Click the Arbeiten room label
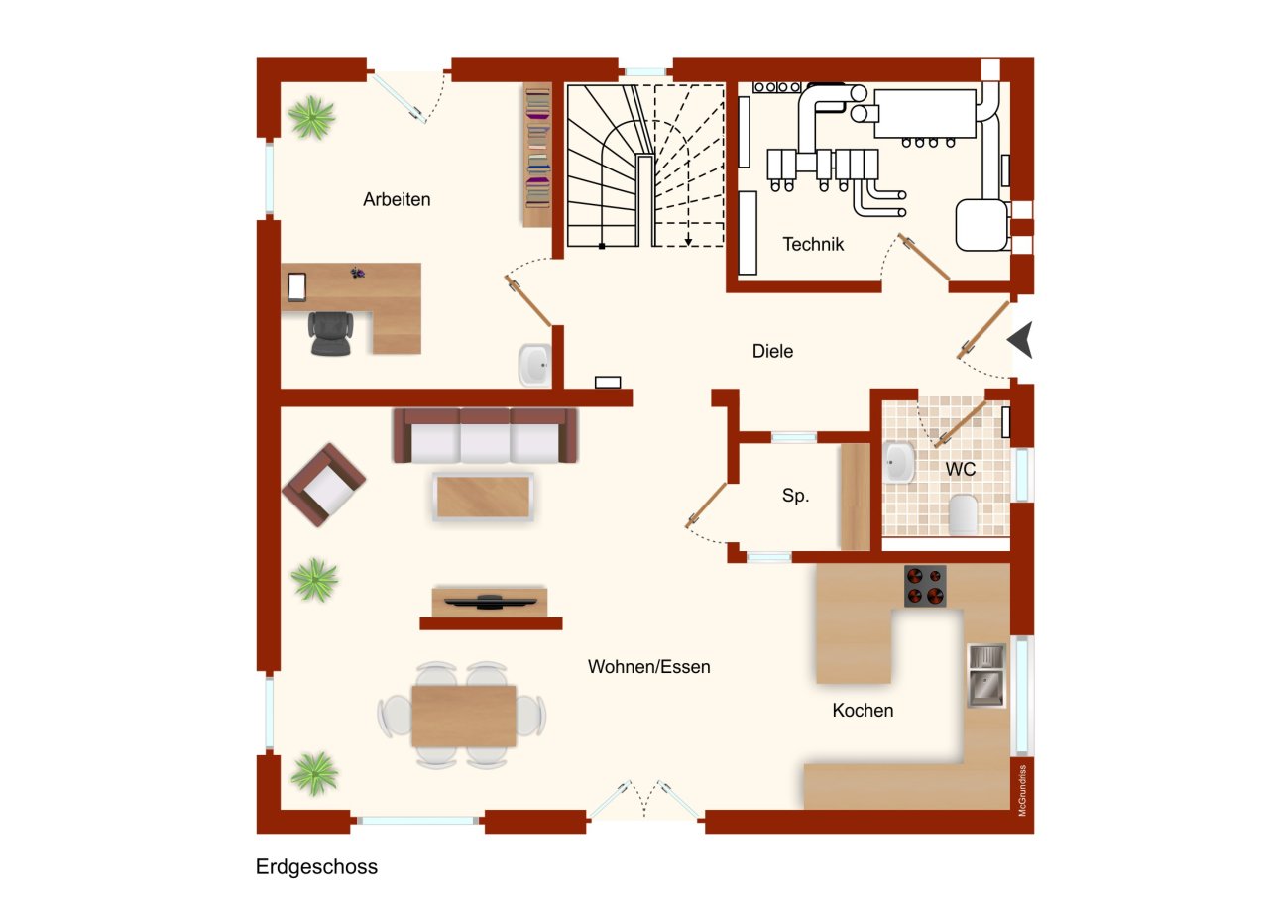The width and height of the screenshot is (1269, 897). point(397,199)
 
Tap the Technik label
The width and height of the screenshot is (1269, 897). point(813,244)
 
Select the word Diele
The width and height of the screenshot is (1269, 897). point(772,351)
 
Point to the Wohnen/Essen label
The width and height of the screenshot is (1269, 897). point(648,667)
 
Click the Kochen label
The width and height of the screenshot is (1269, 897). point(863,711)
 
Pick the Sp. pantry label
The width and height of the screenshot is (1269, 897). point(795,497)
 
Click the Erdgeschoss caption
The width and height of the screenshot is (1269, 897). point(316,867)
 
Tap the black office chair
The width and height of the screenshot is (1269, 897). point(330,333)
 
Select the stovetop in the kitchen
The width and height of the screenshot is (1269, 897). point(925,586)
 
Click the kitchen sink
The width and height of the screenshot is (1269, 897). point(985,675)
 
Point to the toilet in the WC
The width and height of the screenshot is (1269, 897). point(963,513)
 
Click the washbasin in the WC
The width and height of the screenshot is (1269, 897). point(899,462)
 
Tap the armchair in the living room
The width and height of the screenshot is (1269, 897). point(324,485)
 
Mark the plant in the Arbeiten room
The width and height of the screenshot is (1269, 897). point(311,118)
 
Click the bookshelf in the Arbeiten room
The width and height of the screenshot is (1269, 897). point(536,155)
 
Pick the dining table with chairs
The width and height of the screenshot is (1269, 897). point(463,716)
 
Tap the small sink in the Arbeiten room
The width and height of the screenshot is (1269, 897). point(533,365)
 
